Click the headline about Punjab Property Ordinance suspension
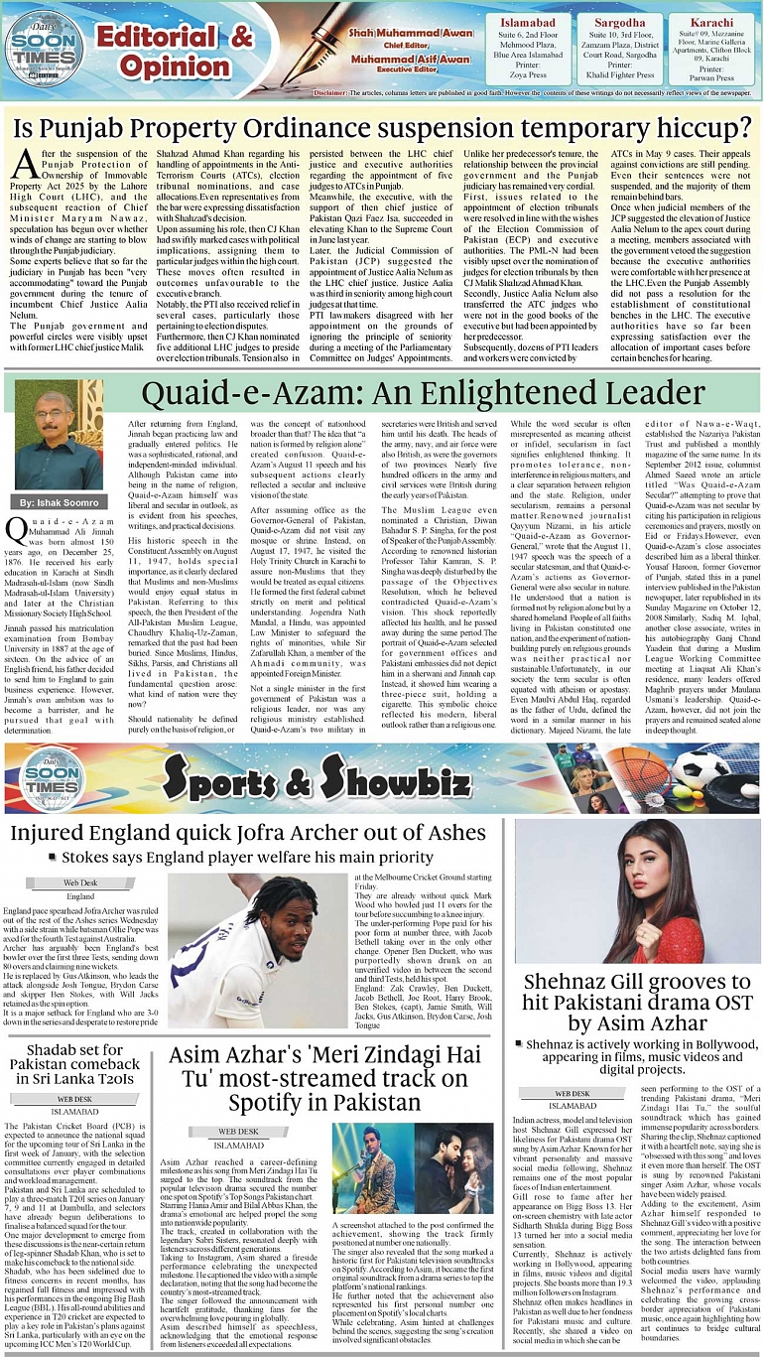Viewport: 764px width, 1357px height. (x=381, y=128)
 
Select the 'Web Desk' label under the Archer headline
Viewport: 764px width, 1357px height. (x=80, y=882)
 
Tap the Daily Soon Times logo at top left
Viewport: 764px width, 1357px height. (x=39, y=50)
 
